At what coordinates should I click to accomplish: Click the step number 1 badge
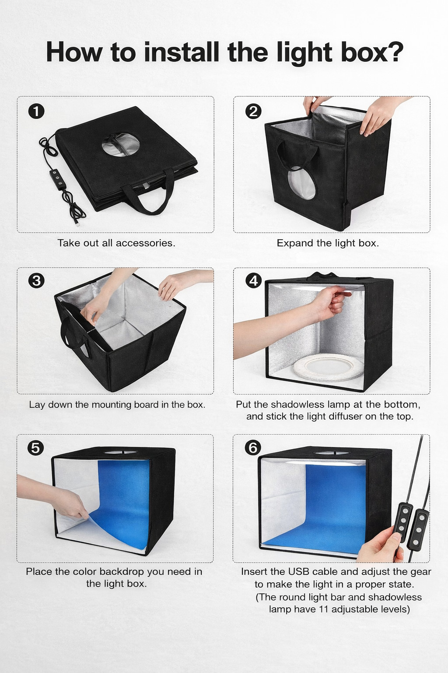pyautogui.click(x=36, y=111)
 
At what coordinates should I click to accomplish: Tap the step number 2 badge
pyautogui.click(x=253, y=111)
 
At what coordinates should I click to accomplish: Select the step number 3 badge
pyautogui.click(x=36, y=280)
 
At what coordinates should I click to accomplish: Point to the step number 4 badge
pyautogui.click(x=253, y=280)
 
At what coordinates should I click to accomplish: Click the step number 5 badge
pyautogui.click(x=36, y=448)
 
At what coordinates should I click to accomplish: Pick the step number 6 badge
pyautogui.click(x=253, y=448)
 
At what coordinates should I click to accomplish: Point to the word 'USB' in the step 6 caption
pyautogui.click(x=298, y=572)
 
